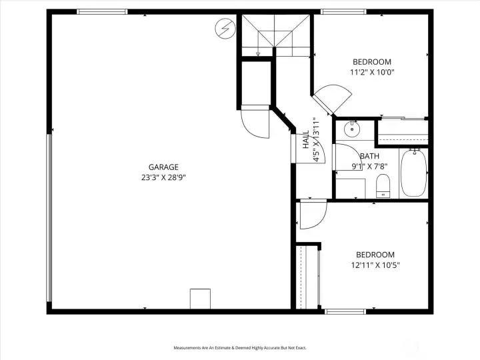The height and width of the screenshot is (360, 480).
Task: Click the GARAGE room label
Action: pyautogui.click(x=163, y=167)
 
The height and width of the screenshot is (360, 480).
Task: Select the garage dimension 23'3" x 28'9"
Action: pyautogui.click(x=163, y=178)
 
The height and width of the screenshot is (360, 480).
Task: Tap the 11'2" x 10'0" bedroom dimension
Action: pyautogui.click(x=372, y=72)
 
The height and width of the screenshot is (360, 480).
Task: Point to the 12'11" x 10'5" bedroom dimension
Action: pyautogui.click(x=375, y=265)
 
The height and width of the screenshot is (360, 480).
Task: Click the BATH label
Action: pyautogui.click(x=369, y=157)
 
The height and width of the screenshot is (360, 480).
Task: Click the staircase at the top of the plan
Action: pyautogui.click(x=275, y=35)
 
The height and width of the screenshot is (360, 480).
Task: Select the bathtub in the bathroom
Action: pyautogui.click(x=413, y=173)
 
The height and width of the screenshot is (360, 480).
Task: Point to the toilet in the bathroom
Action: pyautogui.click(x=383, y=185)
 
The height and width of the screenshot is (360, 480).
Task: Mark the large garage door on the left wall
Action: pyautogui.click(x=49, y=217)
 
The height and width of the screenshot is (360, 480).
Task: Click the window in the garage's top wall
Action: pyautogui.click(x=102, y=12)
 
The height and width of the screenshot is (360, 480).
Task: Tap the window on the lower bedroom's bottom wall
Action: pyautogui.click(x=345, y=311)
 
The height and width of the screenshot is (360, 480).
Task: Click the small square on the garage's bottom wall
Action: pyautogui.click(x=200, y=299)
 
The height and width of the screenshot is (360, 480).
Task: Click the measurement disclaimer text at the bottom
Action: pyautogui.click(x=240, y=348)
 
